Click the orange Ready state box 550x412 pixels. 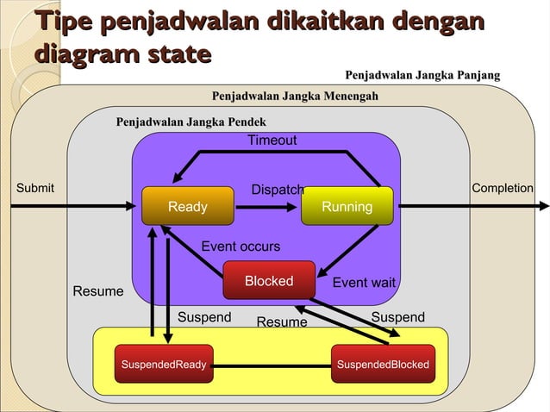pyautogui.click(x=188, y=206)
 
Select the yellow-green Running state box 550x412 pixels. pyautogui.click(x=347, y=206)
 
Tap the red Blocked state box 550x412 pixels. pyautogui.click(x=268, y=281)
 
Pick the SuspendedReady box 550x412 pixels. pyautogui.click(x=163, y=365)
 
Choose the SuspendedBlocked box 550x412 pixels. pyautogui.click(x=383, y=365)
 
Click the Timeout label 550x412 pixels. pyautogui.click(x=272, y=140)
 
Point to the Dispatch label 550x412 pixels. pyautogui.click(x=277, y=190)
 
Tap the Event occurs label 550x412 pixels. pyautogui.click(x=241, y=247)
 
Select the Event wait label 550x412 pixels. pyautogui.click(x=364, y=283)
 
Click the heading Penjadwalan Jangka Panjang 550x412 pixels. pyautogui.click(x=422, y=76)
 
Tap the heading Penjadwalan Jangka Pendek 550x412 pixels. pyautogui.click(x=191, y=122)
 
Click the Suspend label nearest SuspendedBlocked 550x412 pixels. pyautogui.click(x=397, y=317)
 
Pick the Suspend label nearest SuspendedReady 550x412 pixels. pyautogui.click(x=204, y=317)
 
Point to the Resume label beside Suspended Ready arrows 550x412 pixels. pyautogui.click(x=97, y=291)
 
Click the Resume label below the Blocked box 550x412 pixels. pyautogui.click(x=282, y=322)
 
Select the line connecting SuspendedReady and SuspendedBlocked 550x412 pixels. pyautogui.click(x=272, y=365)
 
